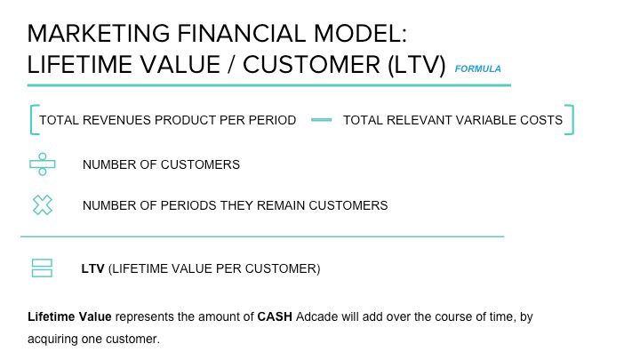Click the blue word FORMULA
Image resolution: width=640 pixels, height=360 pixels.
tap(477, 68)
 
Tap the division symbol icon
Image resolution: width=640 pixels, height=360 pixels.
tap(43, 164)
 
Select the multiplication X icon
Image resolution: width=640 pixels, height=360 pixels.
tap(43, 205)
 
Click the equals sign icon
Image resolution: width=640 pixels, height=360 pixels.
tap(42, 268)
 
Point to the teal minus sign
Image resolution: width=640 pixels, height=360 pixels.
tap(321, 120)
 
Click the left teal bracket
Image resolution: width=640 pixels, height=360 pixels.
tap(31, 120)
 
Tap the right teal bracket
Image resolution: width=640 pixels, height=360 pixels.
tap(572, 120)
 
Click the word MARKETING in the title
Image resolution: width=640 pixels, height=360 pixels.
tap(99, 34)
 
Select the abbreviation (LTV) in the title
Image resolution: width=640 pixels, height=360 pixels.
tap(416, 65)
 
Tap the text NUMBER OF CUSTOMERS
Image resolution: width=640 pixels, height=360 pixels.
tap(161, 164)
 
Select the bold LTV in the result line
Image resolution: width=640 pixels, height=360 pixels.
tap(93, 268)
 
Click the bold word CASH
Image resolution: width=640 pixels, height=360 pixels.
tap(275, 316)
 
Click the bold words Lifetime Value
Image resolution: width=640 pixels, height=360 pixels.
tap(69, 316)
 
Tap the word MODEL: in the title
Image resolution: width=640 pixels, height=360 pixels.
tap(360, 34)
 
